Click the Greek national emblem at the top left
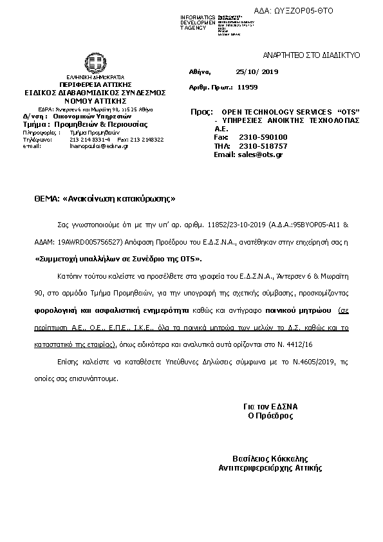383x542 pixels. [x=95, y=64]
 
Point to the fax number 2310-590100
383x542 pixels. [x=259, y=137]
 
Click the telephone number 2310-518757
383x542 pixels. [x=259, y=145]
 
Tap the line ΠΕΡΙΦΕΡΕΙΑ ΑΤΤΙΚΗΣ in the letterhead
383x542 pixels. [x=95, y=84]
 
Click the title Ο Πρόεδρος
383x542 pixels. [x=270, y=416]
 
